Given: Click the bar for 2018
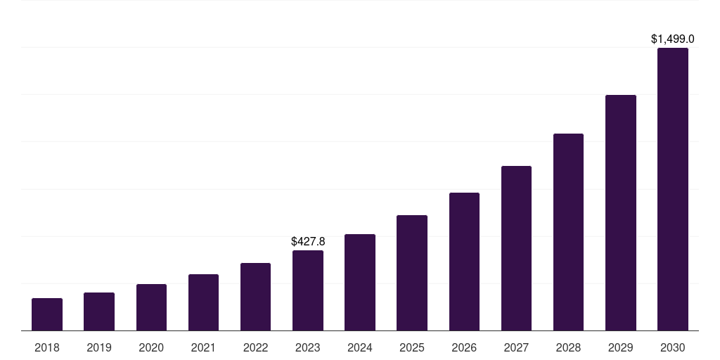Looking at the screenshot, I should click(x=47, y=314).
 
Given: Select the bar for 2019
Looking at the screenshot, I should click(x=99, y=311).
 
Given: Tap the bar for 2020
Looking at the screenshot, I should click(x=151, y=307).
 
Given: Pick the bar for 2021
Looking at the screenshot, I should click(x=203, y=302).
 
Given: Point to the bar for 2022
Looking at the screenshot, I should click(x=255, y=297).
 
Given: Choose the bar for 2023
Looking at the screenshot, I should click(x=308, y=290).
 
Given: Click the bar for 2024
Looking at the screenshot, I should click(x=360, y=282).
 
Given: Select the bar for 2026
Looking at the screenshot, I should click(x=464, y=262).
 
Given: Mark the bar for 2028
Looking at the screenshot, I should click(x=568, y=232).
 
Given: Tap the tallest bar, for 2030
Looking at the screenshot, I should click(x=673, y=189).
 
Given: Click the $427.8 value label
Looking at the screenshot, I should click(x=308, y=241).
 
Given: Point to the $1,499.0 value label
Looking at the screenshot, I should click(x=673, y=39).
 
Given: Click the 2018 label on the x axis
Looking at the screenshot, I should click(x=47, y=347).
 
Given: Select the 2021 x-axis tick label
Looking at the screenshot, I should click(x=203, y=347).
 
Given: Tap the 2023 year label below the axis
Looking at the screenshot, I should click(x=308, y=347).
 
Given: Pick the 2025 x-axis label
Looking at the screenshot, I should click(x=412, y=347).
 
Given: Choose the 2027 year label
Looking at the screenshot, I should click(x=516, y=347).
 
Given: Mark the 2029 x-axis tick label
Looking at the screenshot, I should click(x=621, y=347).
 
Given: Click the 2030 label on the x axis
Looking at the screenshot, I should click(x=673, y=347).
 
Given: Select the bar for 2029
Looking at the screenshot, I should click(x=621, y=212).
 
